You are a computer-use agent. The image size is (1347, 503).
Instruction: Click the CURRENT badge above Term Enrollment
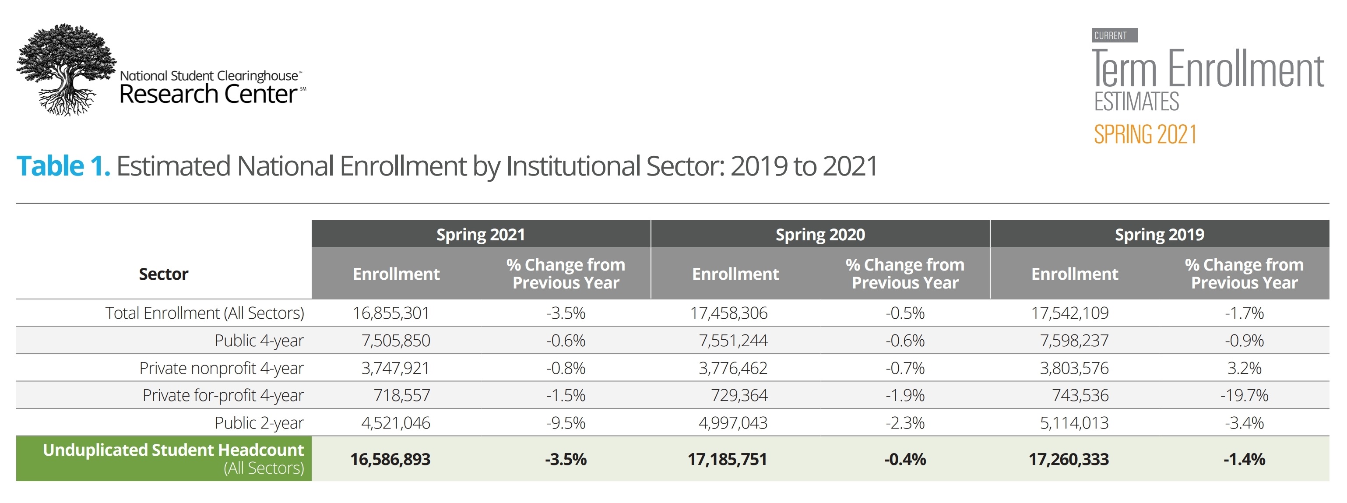pyautogui.click(x=1114, y=35)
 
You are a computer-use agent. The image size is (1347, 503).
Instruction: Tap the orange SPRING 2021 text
pyautogui.click(x=1145, y=134)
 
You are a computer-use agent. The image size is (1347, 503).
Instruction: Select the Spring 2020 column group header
pyautogui.click(x=819, y=235)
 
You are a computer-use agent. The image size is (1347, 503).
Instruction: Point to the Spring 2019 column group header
pyautogui.click(x=1159, y=235)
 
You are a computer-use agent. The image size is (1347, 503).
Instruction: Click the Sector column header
pyautogui.click(x=163, y=274)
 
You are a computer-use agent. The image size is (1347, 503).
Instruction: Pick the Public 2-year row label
pyautogui.click(x=259, y=422)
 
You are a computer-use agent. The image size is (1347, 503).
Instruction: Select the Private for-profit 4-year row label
pyautogui.click(x=223, y=395)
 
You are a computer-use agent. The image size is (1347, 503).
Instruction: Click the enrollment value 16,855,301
pyautogui.click(x=390, y=313)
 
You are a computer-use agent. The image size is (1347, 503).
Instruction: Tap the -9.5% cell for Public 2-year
pyautogui.click(x=566, y=422)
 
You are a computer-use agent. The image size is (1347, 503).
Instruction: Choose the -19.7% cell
pyautogui.click(x=1244, y=395)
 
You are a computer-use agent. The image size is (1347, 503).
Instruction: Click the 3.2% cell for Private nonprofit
pyautogui.click(x=1244, y=368)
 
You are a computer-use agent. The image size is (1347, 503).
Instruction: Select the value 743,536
pyautogui.click(x=1080, y=395)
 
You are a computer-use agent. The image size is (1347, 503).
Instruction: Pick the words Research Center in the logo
pyautogui.click(x=208, y=95)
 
